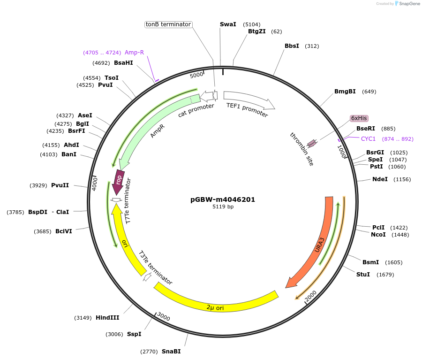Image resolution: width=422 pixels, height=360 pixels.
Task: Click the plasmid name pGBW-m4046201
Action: [x=223, y=199]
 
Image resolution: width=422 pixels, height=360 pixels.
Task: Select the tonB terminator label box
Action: [x=168, y=24]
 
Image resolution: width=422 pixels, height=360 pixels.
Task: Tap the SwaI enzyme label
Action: [x=228, y=24]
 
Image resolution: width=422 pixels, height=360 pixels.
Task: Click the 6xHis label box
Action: [x=359, y=118]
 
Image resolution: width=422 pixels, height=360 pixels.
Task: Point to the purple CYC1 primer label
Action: [x=368, y=139]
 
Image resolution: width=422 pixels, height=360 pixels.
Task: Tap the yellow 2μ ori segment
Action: [x=216, y=304]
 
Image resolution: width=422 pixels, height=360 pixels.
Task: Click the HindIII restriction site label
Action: [x=107, y=318]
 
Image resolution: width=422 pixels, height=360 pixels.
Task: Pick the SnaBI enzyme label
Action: [x=171, y=352]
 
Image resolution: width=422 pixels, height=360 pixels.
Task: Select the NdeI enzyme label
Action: [x=380, y=179]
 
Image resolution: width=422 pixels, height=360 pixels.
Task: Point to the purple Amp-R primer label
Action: [x=134, y=53]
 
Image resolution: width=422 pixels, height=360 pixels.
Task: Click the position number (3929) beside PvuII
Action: [x=38, y=185]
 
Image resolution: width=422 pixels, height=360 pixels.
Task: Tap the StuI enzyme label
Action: [x=363, y=275]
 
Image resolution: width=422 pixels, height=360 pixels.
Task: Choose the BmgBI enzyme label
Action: [x=345, y=92]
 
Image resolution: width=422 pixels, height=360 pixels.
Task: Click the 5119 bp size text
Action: [x=223, y=207]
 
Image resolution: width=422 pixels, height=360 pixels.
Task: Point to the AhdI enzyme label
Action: [x=71, y=145]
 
